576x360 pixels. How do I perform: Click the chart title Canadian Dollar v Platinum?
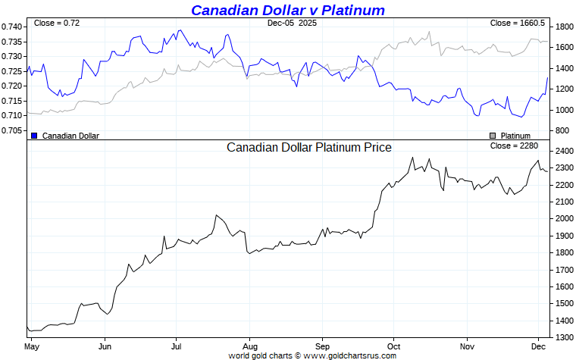point(287,10)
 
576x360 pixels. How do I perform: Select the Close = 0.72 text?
point(57,23)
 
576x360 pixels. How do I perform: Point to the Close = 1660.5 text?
point(517,23)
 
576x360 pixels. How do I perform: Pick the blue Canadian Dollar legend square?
point(34,136)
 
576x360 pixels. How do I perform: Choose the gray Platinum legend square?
point(492,136)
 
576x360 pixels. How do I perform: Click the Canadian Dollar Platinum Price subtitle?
point(309,147)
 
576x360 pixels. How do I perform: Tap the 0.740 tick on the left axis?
point(13,27)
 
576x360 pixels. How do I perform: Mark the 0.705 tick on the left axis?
point(13,130)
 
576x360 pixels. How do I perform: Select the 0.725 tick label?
point(13,71)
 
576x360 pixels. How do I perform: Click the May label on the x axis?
point(31,346)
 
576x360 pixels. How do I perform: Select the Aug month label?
point(249,346)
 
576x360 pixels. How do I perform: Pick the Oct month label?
point(393,346)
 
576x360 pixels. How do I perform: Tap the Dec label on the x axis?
point(538,346)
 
